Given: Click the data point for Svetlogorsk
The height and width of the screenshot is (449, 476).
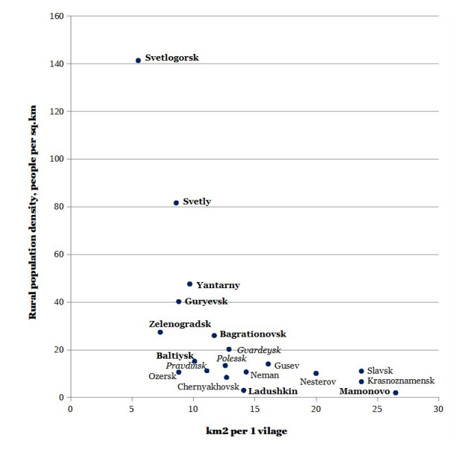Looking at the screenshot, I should (138, 60).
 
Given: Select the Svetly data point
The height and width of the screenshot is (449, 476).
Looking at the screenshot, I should (176, 203).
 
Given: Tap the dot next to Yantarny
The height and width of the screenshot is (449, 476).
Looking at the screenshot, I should (190, 284).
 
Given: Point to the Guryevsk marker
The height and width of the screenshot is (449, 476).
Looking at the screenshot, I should (179, 301).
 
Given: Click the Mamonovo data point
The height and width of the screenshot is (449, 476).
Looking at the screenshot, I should (396, 393).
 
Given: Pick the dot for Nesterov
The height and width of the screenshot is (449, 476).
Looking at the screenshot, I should (316, 374).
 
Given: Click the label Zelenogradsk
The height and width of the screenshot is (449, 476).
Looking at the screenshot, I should (180, 324).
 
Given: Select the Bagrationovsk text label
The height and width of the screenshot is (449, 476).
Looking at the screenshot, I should (253, 335).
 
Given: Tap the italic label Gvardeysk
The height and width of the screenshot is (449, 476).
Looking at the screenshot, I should (259, 350).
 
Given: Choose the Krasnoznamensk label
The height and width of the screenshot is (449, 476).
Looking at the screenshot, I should (401, 381).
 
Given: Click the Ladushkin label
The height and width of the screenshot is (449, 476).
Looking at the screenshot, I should (273, 392).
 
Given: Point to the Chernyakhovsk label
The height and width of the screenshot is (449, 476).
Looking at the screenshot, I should (208, 387).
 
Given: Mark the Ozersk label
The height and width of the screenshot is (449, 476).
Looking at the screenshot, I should (162, 376).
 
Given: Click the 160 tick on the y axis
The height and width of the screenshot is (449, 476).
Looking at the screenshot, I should (58, 16).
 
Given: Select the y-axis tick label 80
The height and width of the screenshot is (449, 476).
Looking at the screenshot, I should (60, 207).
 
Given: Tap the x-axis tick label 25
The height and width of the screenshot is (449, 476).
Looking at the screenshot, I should (377, 409).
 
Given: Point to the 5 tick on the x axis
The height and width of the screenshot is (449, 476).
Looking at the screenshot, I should (131, 409).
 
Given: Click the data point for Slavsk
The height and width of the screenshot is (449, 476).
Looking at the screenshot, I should (361, 371).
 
